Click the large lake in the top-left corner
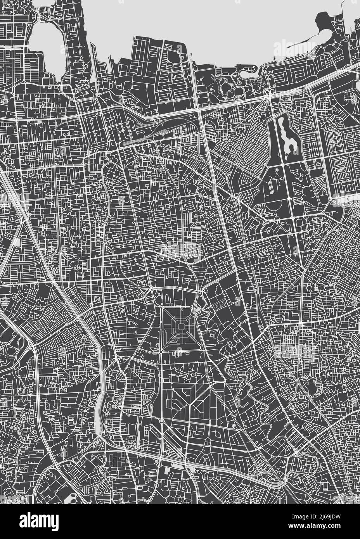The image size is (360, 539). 46,47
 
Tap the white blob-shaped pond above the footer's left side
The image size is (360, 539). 70,499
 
